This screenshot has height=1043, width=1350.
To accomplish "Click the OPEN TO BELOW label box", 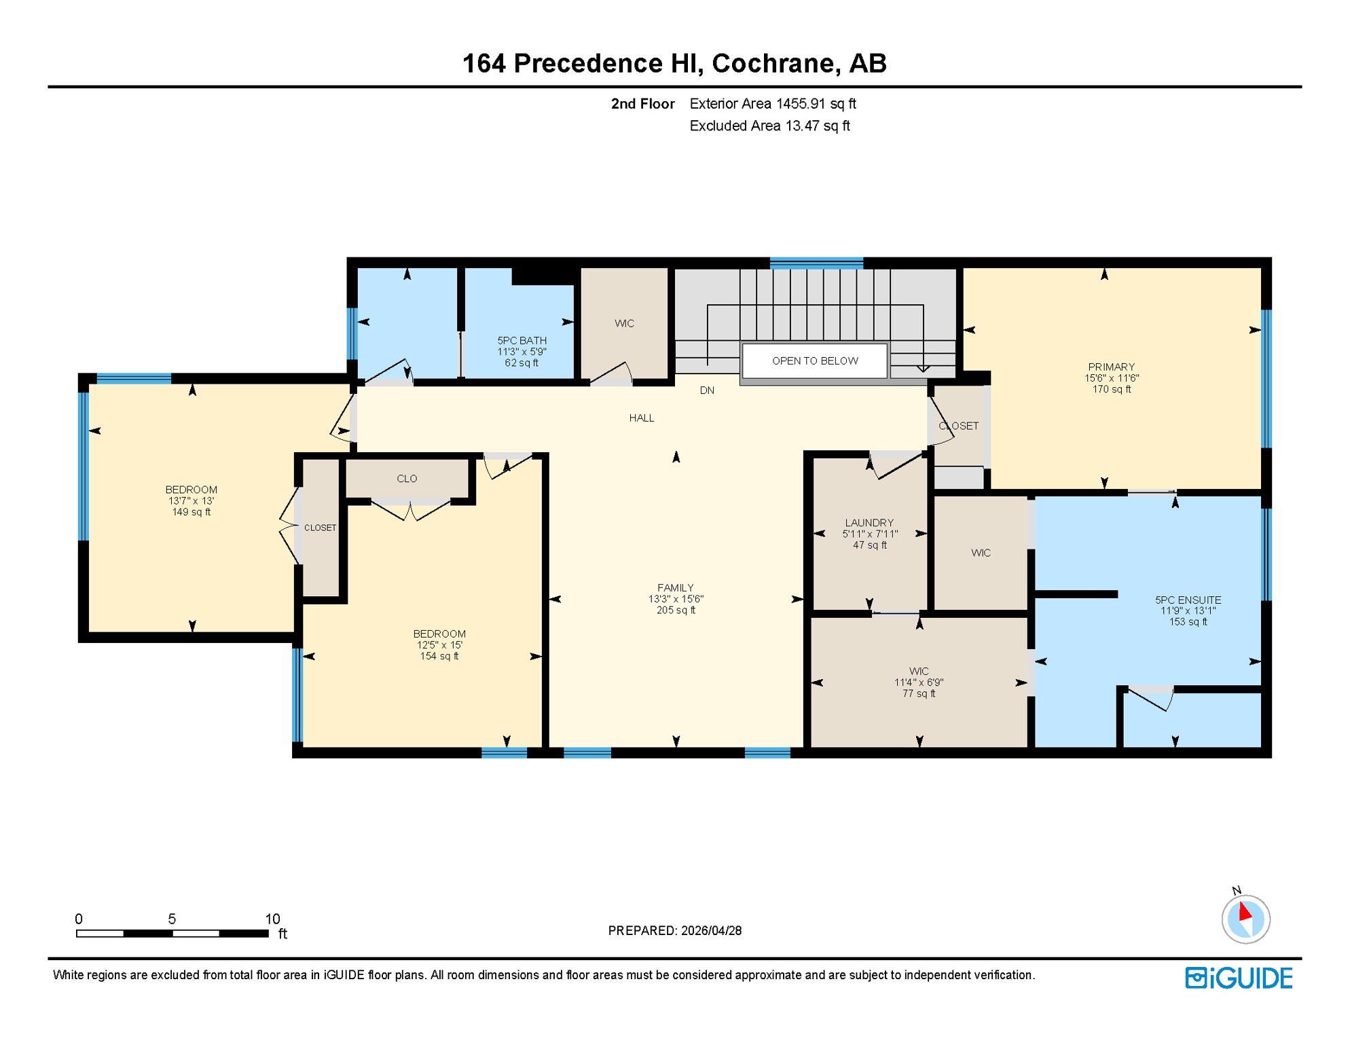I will [814, 361].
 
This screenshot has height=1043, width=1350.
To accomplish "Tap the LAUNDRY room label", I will [869, 533].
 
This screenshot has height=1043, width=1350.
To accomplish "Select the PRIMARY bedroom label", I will [1111, 378].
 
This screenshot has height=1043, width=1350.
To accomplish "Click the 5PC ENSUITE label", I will [1187, 610].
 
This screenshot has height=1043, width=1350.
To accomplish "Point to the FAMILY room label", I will [675, 598].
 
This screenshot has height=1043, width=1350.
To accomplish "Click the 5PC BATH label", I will [522, 351].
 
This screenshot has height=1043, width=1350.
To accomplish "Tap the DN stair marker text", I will [707, 390].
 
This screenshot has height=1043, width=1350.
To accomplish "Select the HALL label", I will [641, 418].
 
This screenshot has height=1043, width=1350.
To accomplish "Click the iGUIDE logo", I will [1238, 978].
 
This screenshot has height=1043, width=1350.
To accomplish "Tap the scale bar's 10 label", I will [272, 919].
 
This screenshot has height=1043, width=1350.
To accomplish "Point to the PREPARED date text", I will [674, 930].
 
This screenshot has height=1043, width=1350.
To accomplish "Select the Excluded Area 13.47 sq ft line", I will [769, 126].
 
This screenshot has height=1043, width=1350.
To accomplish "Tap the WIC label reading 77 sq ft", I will [918, 682].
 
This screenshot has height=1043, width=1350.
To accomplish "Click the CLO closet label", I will [407, 479].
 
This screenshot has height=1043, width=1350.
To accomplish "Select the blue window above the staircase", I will [816, 263].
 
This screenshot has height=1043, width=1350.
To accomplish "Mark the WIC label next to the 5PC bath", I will [624, 323].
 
